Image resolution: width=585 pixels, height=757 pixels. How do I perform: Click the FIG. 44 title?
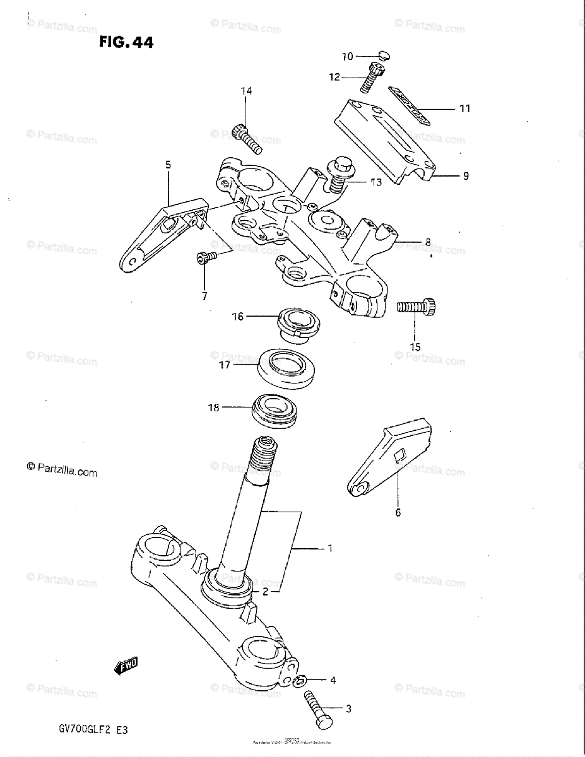tap(126, 42)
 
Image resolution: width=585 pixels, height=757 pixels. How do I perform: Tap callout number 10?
tap(348, 57)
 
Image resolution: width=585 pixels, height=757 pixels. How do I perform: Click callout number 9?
tap(466, 176)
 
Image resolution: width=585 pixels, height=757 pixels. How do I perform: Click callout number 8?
tap(427, 241)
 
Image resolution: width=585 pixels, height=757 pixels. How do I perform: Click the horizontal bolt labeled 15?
tap(417, 307)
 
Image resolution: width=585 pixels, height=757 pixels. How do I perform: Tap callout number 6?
tap(398, 512)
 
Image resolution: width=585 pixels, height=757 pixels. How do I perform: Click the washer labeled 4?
tap(301, 680)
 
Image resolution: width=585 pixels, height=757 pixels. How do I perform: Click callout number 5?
tap(168, 165)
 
